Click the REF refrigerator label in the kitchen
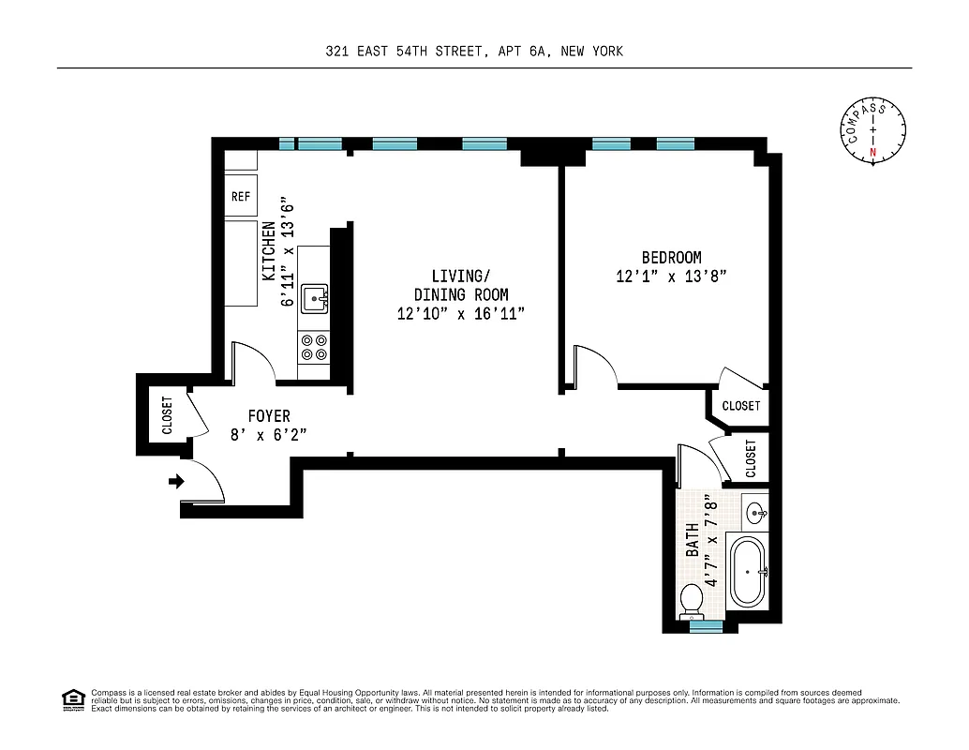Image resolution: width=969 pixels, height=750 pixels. pyautogui.click(x=241, y=197)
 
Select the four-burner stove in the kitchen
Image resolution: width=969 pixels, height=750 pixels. pyautogui.click(x=314, y=348)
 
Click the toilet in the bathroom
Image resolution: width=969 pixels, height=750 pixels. pyautogui.click(x=693, y=600)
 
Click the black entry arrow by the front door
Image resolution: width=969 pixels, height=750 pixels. pyautogui.click(x=175, y=482)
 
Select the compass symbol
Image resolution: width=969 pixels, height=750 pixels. pyautogui.click(x=872, y=130)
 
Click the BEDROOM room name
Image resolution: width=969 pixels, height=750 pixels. pyautogui.click(x=671, y=258)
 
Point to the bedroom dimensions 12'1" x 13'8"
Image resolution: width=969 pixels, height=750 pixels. pyautogui.click(x=671, y=277)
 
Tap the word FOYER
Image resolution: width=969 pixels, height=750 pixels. pyautogui.click(x=269, y=415)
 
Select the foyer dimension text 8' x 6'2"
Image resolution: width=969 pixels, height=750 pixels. pyautogui.click(x=269, y=434)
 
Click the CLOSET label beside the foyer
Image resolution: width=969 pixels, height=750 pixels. pyautogui.click(x=167, y=414)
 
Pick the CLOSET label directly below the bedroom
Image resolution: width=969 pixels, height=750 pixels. pyautogui.click(x=741, y=406)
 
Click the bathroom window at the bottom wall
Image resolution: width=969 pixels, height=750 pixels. pyautogui.click(x=706, y=626)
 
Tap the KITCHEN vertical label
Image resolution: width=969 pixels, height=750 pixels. pyautogui.click(x=269, y=251)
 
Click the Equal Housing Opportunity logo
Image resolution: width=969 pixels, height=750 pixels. pyautogui.click(x=72, y=699)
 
